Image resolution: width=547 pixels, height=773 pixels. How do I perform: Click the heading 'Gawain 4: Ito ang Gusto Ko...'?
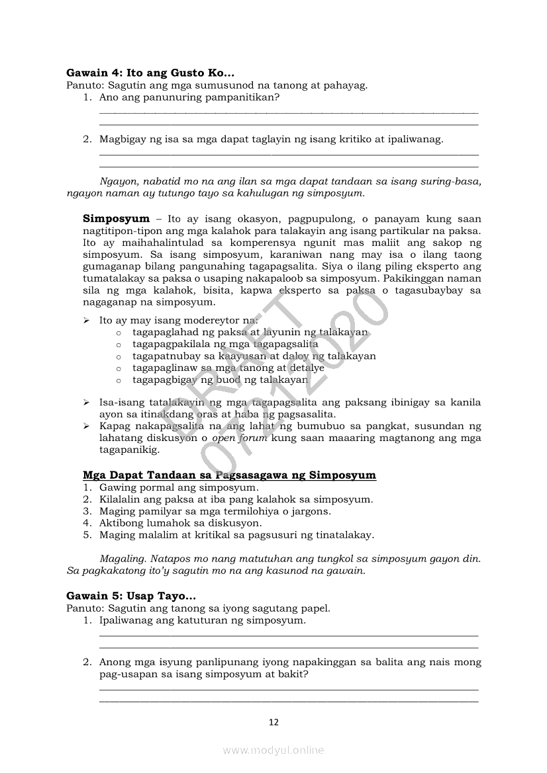150,73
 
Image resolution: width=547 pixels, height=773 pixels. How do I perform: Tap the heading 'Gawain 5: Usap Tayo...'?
131,596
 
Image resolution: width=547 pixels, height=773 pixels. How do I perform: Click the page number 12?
273,722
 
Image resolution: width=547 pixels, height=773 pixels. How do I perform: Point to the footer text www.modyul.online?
273,750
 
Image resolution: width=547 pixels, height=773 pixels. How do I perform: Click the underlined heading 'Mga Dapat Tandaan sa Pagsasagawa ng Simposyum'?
229,475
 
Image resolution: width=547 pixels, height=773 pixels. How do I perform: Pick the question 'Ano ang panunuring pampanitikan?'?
189,97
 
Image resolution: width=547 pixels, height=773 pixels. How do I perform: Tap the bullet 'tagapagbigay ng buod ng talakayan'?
220,380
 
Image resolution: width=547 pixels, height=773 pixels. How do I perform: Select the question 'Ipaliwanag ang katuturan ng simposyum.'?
203,621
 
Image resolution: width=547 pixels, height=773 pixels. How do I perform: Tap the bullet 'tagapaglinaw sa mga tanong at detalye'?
228,368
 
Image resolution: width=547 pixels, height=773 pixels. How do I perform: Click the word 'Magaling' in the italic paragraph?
119,559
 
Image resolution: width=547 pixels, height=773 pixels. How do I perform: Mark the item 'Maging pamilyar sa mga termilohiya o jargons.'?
215,511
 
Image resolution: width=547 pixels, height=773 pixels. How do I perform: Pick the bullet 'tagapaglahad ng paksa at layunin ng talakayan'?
250,333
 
